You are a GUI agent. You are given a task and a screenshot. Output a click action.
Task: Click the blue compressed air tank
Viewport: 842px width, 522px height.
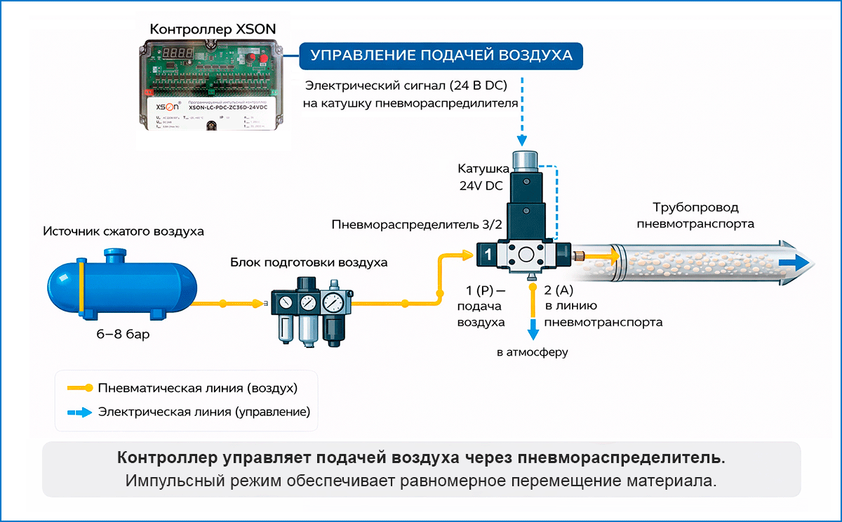click(x=119, y=286)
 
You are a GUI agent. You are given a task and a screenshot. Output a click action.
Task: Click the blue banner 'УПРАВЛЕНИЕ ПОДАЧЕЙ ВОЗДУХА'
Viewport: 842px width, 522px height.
click(x=441, y=56)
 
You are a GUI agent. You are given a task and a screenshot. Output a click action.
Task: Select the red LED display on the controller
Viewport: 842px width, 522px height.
click(x=176, y=54)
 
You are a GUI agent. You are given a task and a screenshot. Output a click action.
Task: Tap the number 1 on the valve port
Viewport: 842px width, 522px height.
click(x=486, y=255)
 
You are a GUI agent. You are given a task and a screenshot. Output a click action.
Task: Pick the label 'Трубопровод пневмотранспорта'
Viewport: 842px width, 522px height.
click(x=695, y=215)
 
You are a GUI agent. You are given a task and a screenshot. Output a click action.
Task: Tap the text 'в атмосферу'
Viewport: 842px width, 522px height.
click(x=532, y=352)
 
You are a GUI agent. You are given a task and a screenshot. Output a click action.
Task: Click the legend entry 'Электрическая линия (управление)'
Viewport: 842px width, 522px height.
click(x=204, y=411)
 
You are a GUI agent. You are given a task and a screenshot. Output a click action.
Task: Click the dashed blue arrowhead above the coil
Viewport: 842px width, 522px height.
click(x=525, y=142)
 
